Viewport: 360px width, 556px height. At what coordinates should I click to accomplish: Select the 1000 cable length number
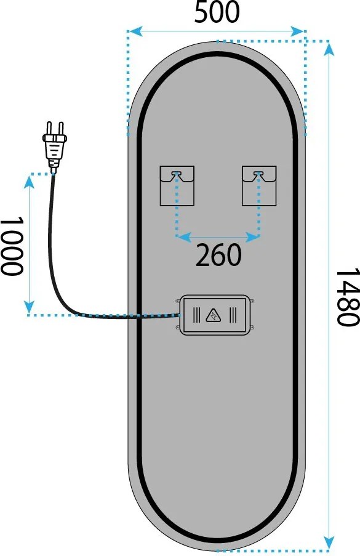click(12, 246)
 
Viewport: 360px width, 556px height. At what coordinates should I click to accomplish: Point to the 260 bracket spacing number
click(218, 256)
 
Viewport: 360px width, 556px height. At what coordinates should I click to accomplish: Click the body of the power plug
click(54, 148)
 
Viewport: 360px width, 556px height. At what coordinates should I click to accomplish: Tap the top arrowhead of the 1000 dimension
click(29, 181)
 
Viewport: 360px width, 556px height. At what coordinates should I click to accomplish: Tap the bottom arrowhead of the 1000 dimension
click(29, 307)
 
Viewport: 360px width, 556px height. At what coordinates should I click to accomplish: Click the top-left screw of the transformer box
click(178, 302)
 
